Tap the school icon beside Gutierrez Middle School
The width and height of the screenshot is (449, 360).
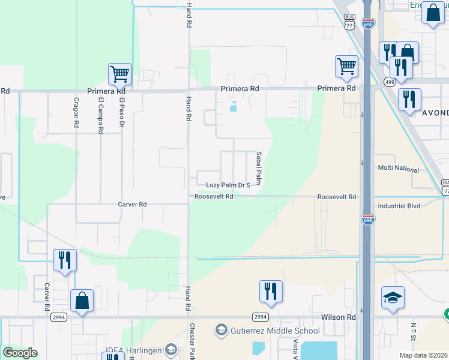click(x=221, y=331)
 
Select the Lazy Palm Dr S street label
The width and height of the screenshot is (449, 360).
click(x=228, y=185)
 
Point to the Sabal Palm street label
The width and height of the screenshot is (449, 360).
click(x=259, y=168)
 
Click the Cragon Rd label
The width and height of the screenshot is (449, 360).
click(x=76, y=113)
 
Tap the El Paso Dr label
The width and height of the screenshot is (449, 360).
click(x=121, y=113)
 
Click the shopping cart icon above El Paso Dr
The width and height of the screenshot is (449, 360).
click(x=119, y=74)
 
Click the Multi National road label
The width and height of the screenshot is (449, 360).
click(x=398, y=169)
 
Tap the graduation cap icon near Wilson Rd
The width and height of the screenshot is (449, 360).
click(x=393, y=297)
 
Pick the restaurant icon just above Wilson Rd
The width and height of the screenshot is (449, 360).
click(x=270, y=291)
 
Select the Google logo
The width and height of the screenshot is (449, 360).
click(x=20, y=353)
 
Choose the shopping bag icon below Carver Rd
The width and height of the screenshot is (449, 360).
click(x=82, y=301)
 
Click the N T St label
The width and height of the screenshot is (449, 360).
click(x=413, y=334)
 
